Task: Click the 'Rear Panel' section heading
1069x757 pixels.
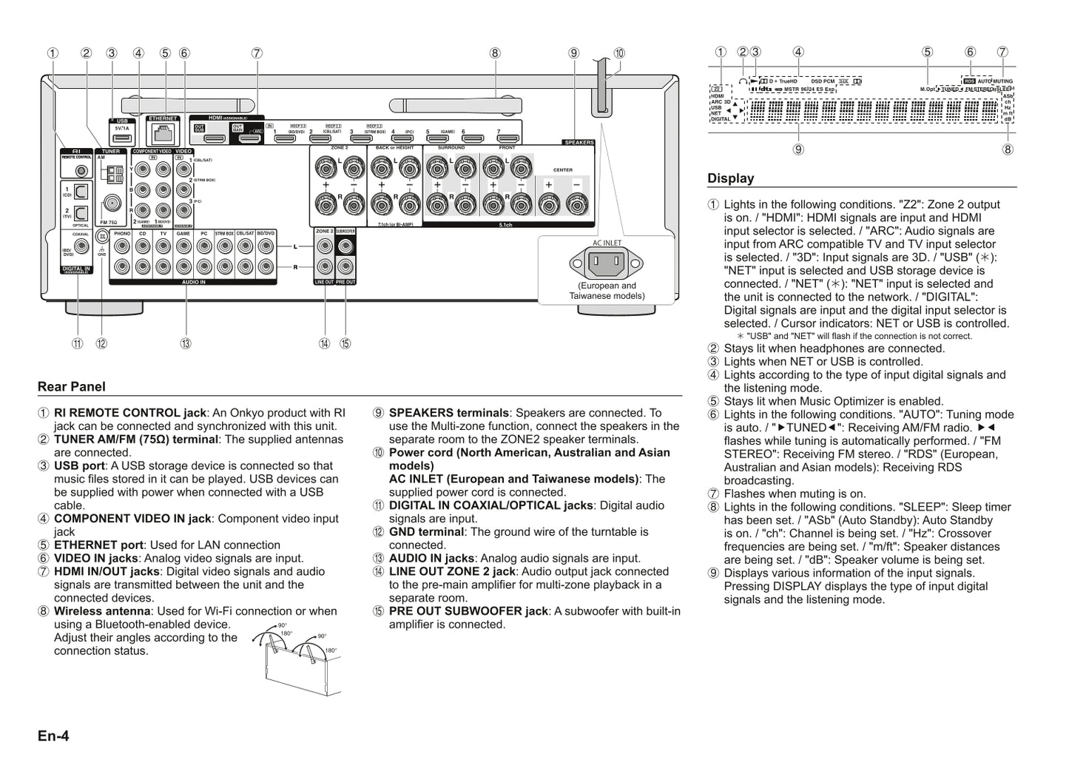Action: [x=72, y=386]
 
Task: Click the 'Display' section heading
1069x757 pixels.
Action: [x=730, y=178]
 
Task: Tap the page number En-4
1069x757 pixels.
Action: [x=53, y=736]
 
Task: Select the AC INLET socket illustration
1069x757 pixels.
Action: [x=607, y=263]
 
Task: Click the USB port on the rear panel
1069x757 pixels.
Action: [x=122, y=138]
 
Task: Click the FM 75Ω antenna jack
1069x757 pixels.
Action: [x=111, y=203]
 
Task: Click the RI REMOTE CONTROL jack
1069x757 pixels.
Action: [x=81, y=172]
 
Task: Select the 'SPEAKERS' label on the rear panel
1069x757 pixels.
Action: [x=578, y=142]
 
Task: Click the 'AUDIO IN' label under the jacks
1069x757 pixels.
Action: [x=193, y=282]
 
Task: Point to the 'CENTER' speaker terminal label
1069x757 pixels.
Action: [x=562, y=170]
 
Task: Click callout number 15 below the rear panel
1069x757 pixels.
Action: [x=345, y=343]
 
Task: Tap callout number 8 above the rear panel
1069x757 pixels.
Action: [x=495, y=53]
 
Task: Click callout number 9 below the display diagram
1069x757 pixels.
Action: [x=798, y=149]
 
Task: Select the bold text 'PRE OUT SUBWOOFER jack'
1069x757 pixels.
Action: [x=468, y=611]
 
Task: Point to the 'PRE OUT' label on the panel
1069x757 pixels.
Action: [x=345, y=282]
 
